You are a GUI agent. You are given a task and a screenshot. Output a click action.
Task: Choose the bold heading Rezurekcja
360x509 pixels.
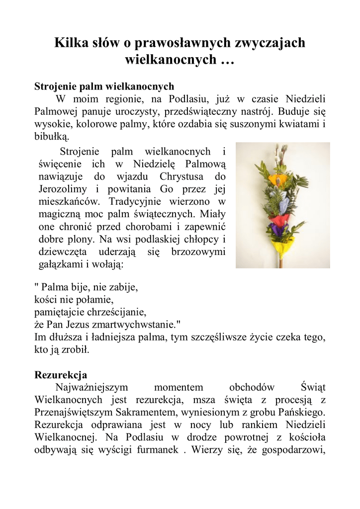(61, 374)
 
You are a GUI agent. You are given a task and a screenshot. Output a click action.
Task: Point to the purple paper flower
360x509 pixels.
(276, 230)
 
